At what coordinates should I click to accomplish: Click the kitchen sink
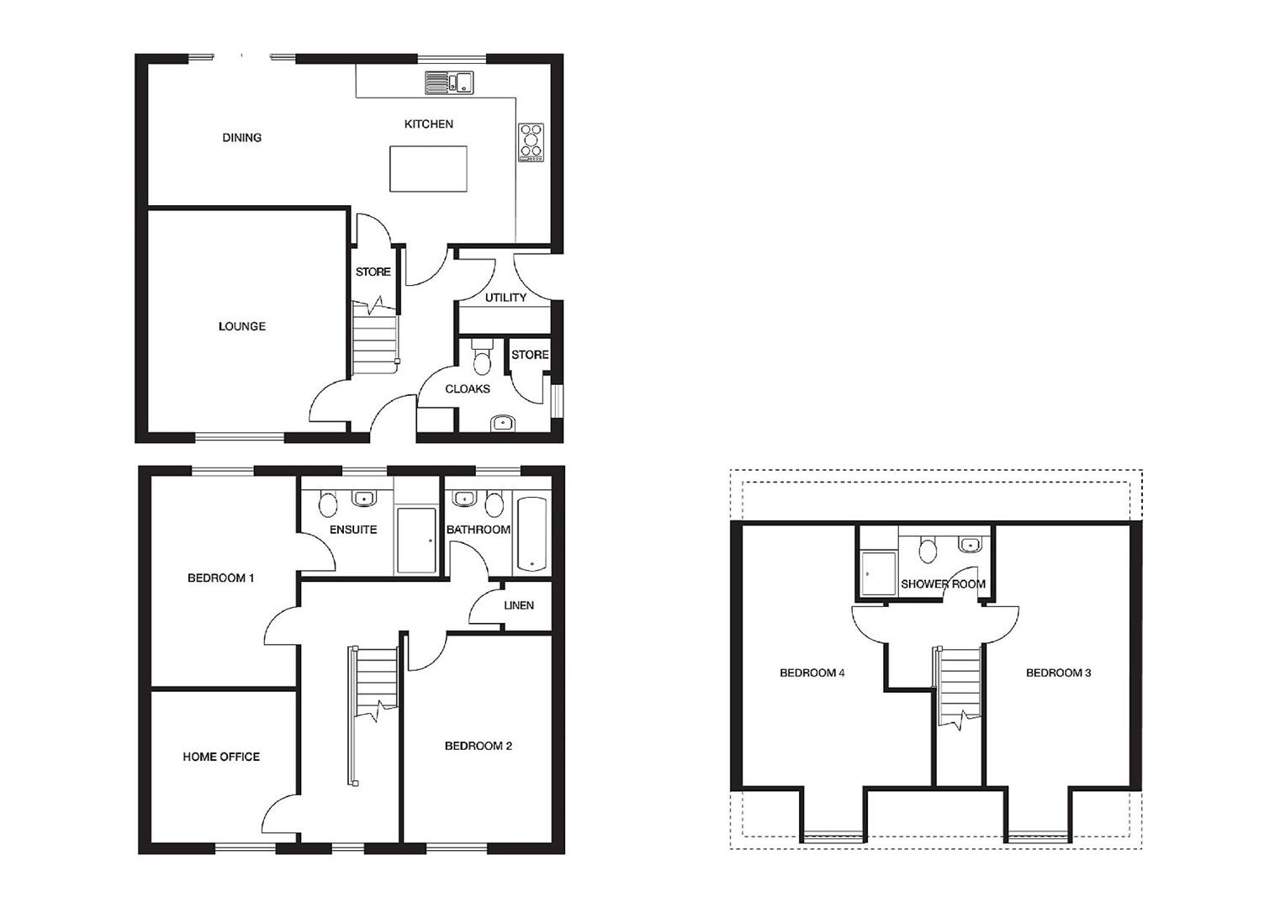[x=449, y=82]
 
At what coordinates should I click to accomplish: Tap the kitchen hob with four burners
[x=531, y=142]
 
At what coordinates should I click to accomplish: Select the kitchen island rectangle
[x=428, y=168]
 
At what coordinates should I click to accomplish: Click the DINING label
[x=242, y=138]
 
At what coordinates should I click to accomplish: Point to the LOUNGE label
[x=242, y=326]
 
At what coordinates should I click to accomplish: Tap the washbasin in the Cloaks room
[x=503, y=423]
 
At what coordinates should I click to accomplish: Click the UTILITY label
[x=505, y=298]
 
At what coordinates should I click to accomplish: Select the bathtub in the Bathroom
[x=531, y=534]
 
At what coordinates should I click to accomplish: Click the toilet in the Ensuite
[x=328, y=503]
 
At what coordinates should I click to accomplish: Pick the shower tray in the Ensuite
[x=417, y=539]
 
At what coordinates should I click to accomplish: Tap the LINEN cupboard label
[x=519, y=605]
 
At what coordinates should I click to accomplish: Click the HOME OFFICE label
[x=221, y=757]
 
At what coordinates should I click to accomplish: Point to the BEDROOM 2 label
[x=479, y=746]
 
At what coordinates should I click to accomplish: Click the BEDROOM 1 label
[x=221, y=578]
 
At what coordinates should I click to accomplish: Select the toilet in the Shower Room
[x=928, y=549]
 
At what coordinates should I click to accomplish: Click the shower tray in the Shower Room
[x=879, y=573]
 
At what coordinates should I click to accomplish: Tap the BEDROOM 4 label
[x=812, y=673]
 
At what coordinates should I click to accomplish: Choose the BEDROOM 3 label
[x=1059, y=673]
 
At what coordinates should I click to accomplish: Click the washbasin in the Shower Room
[x=970, y=544]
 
